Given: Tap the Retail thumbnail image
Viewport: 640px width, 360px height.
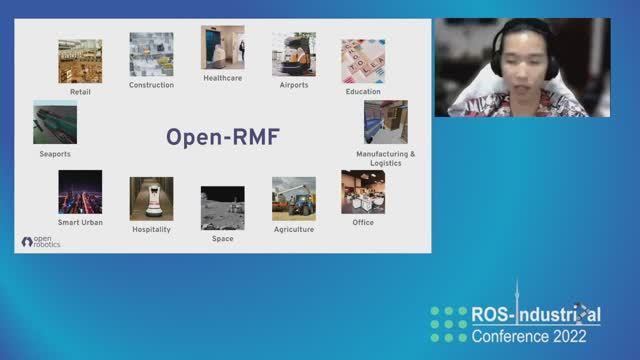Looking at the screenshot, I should click(x=80, y=61).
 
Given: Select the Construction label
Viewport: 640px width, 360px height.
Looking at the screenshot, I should click(x=151, y=85).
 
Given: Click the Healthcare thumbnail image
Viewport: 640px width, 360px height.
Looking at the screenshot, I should click(x=222, y=47).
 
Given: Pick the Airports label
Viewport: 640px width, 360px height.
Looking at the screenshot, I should click(x=293, y=85).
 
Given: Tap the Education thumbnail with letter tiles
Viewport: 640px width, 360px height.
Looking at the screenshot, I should click(x=363, y=61).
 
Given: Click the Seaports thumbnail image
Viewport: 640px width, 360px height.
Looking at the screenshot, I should click(x=55, y=123).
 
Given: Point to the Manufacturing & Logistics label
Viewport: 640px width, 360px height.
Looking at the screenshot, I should click(x=385, y=158).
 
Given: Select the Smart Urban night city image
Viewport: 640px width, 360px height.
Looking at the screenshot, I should click(x=80, y=191).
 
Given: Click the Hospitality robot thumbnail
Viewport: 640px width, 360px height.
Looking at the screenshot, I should click(x=151, y=198).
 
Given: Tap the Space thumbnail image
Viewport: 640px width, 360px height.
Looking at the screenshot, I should click(x=222, y=207).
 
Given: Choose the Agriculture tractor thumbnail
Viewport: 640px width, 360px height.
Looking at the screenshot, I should click(x=293, y=198).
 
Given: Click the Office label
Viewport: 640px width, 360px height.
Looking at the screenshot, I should click(x=363, y=222).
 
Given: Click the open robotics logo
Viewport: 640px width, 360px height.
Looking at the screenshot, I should click(x=41, y=241).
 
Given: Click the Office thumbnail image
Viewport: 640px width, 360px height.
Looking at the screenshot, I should click(x=363, y=191).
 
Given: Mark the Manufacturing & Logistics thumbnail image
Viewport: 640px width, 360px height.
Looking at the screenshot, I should click(x=385, y=121).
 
